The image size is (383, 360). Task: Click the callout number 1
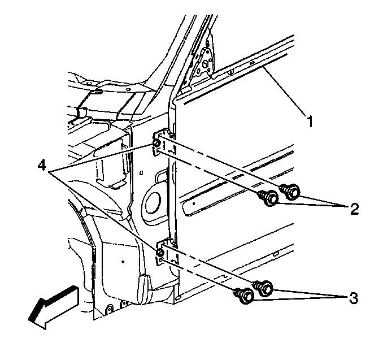[x=310, y=122]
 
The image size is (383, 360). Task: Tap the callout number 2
[x=354, y=209]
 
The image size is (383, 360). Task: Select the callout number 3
[x=354, y=298]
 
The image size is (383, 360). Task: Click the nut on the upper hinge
[x=156, y=143]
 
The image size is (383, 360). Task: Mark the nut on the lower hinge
[x=160, y=252]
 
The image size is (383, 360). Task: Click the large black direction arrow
[x=53, y=307]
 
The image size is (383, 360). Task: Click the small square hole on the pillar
[x=141, y=173]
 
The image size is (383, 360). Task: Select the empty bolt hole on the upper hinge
[x=157, y=152]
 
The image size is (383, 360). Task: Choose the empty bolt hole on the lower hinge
[x=160, y=260]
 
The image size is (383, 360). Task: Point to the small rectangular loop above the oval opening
[x=160, y=176]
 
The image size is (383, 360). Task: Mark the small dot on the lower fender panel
[x=123, y=262]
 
